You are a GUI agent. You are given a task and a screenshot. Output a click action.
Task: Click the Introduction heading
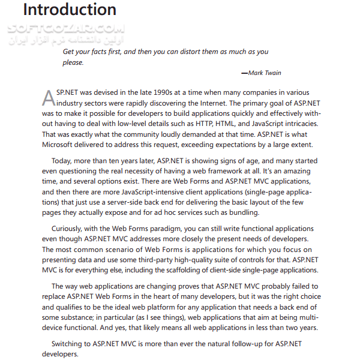tap(70, 10)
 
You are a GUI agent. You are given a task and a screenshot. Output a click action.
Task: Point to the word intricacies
tap(298, 123)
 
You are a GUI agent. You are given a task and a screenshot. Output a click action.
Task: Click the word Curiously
tap(70, 229)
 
